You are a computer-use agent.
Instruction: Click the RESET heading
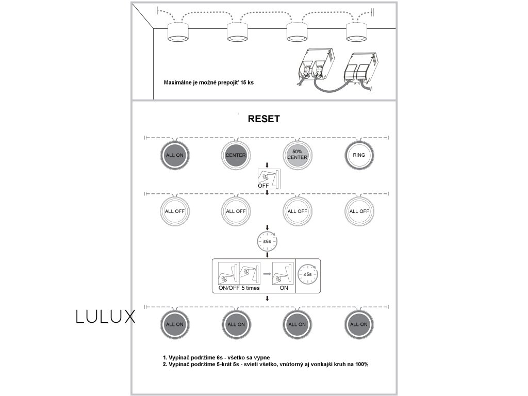coord(263,119)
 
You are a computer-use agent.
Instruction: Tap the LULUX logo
coord(105,317)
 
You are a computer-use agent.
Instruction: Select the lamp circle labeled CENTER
coord(236,155)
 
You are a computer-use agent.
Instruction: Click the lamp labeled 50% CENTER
coord(298,155)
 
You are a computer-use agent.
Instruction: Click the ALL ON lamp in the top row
coord(175,155)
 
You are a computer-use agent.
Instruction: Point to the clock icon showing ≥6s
coord(267,241)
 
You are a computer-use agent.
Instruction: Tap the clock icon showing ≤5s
coord(308,274)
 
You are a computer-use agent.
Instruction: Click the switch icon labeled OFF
coord(269,179)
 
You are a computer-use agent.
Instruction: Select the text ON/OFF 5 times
coord(239,288)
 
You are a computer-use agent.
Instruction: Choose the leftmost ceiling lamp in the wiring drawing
coord(178,32)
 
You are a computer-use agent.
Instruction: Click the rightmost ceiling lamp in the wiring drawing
coord(357,32)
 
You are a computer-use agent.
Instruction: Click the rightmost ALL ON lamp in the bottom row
coord(359,324)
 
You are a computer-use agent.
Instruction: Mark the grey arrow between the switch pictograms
coord(267,274)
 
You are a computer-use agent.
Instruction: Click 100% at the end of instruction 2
coord(361,365)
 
